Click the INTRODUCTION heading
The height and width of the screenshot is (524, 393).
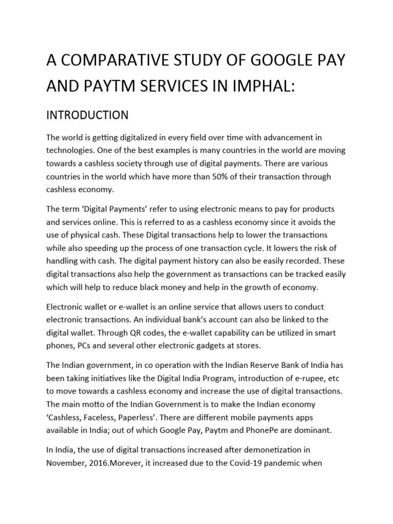87,115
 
